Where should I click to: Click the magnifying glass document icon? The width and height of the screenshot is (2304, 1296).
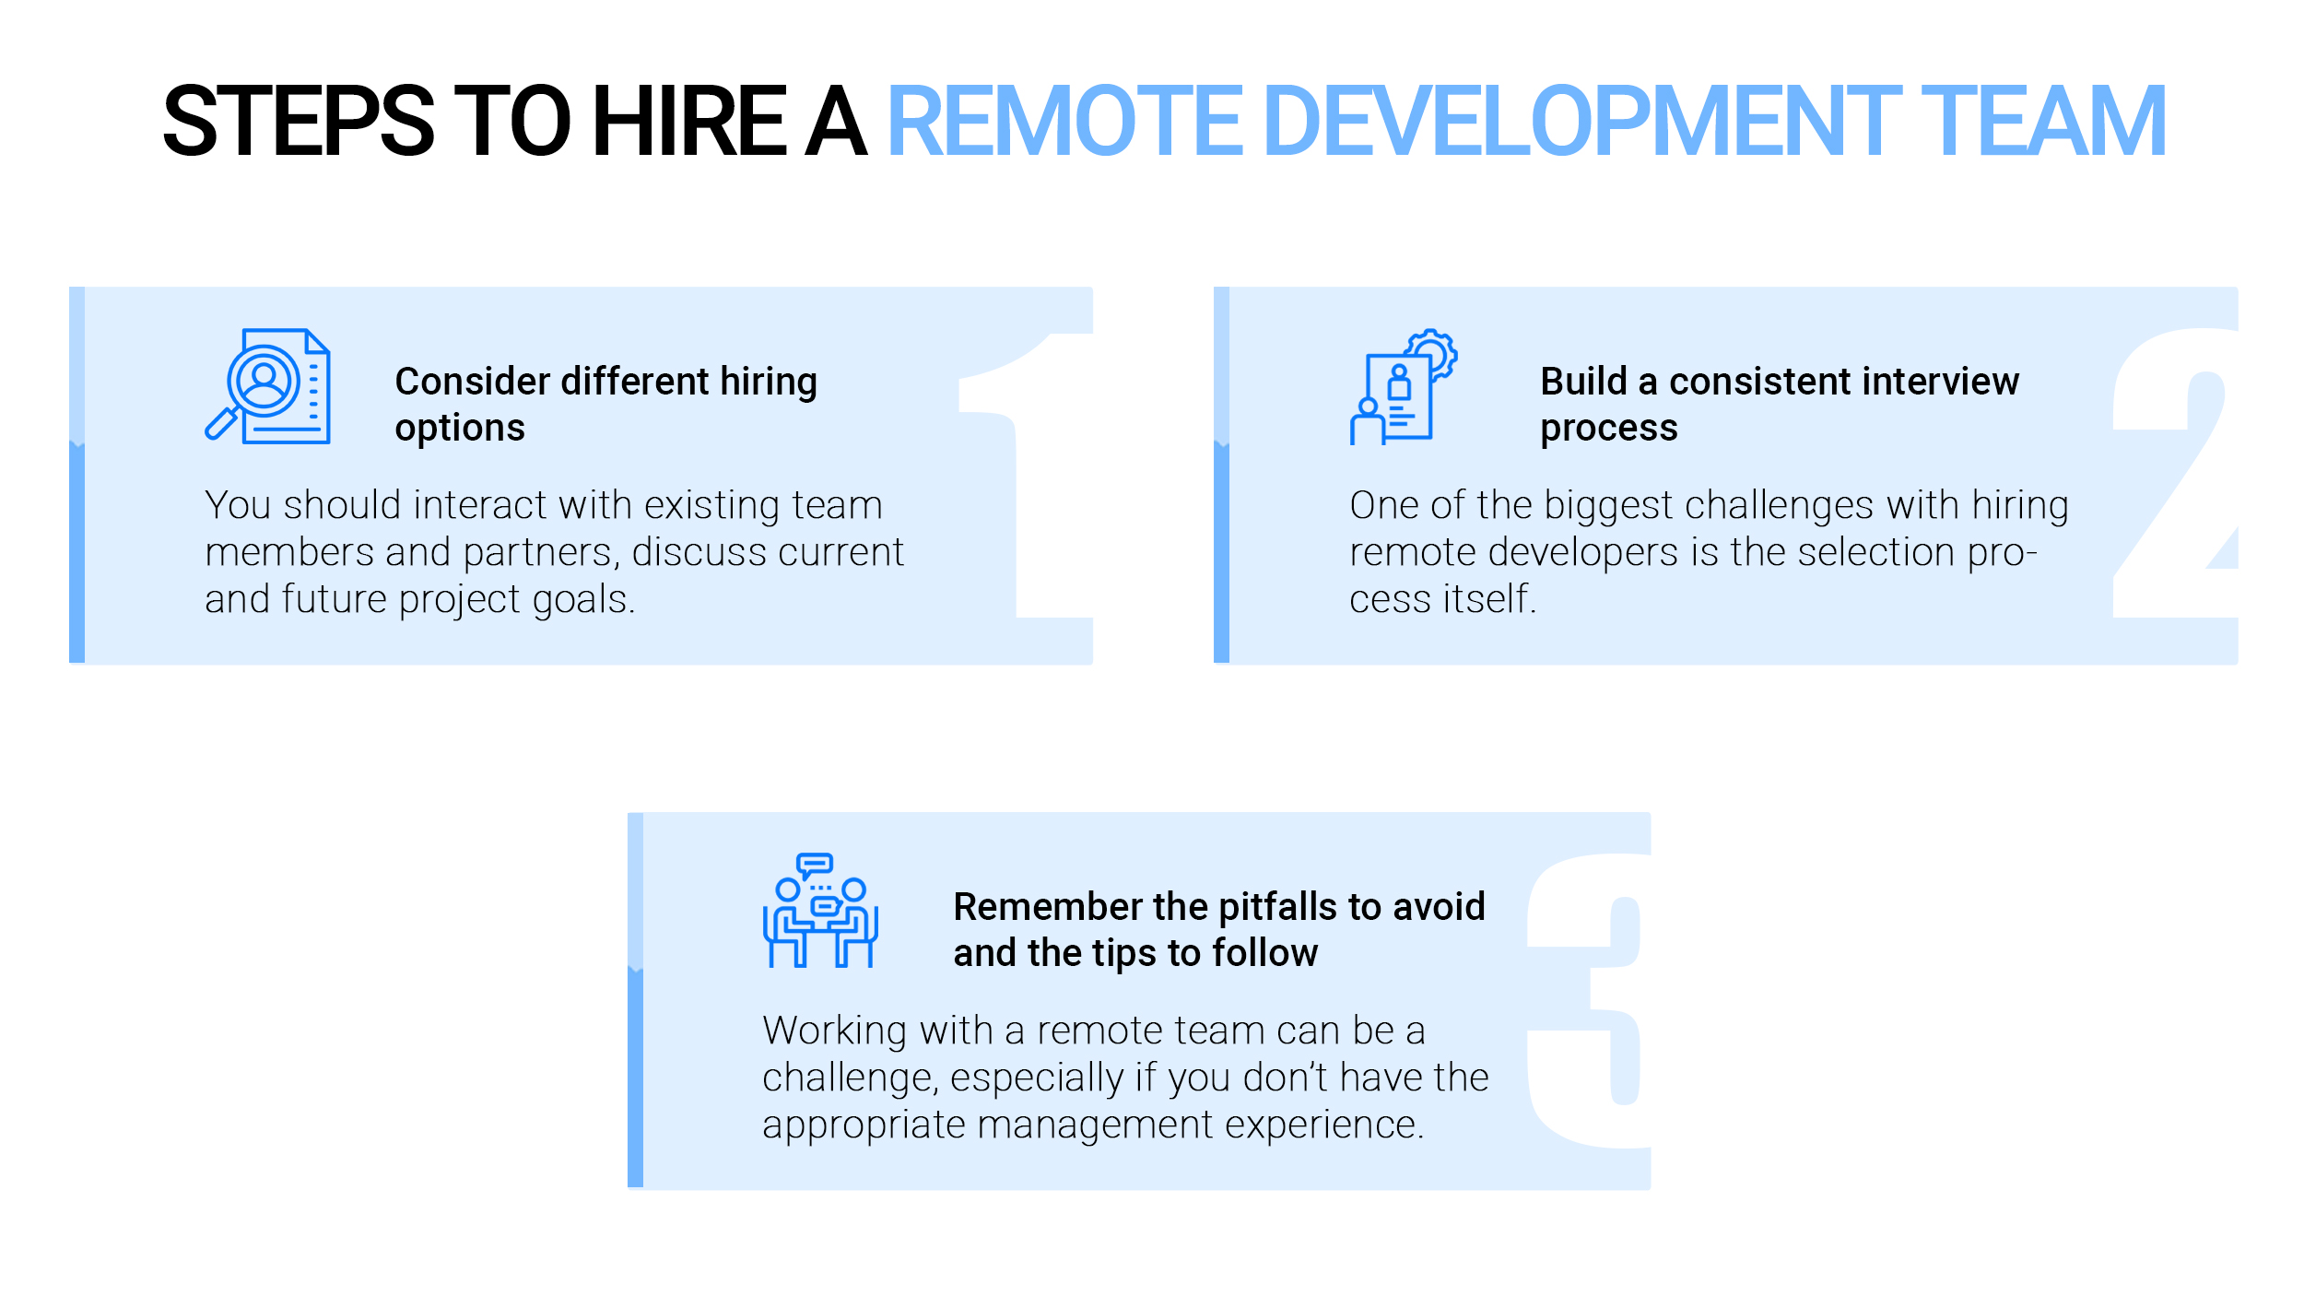coord(268,386)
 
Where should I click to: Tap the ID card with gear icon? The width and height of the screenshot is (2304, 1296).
coord(1404,387)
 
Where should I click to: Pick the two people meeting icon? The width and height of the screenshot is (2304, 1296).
coord(820,910)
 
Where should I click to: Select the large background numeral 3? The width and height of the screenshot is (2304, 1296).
coord(1587,1001)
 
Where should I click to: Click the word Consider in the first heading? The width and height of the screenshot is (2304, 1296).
coord(473,381)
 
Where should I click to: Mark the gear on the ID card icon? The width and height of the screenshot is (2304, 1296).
coord(1431,353)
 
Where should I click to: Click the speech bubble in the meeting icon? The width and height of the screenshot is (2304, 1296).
coord(815,866)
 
